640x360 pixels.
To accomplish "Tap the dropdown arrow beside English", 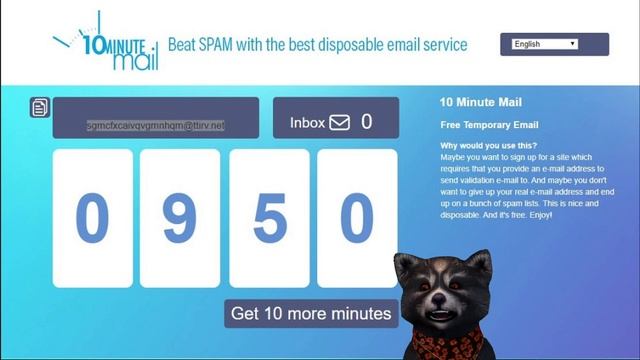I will pos(573,44).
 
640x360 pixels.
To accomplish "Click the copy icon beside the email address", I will pos(40,107).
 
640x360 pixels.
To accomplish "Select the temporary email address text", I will pos(155,126).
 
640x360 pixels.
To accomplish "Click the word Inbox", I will pos(307,123).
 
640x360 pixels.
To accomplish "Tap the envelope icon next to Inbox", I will pos(340,123).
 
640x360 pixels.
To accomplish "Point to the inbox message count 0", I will pos(367,122).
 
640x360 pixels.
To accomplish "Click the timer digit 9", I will pos(179,218).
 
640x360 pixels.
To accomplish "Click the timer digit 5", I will pos(269,218).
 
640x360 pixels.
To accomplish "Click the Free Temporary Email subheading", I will pos(490,125).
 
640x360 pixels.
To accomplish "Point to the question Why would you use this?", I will pos(489,146).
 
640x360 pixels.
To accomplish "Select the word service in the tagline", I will pos(442,45).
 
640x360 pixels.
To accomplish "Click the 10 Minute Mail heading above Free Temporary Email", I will pos(481,102).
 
